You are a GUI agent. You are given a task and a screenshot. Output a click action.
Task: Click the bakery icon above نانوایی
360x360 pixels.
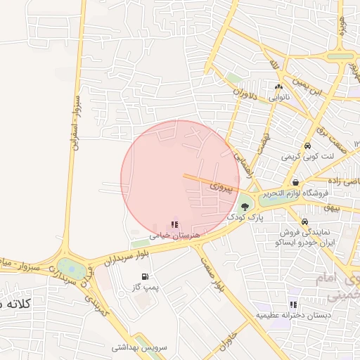(279, 86)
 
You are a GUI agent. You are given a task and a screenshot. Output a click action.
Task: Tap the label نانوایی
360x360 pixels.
(279, 98)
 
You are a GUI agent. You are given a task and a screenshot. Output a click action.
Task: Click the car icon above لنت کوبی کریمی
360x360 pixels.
(307, 146)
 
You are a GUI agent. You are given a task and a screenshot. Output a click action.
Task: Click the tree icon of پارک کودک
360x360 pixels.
(245, 207)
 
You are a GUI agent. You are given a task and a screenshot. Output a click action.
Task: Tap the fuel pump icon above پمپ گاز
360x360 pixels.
(145, 276)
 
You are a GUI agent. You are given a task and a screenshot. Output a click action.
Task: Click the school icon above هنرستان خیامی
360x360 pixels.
(174, 224)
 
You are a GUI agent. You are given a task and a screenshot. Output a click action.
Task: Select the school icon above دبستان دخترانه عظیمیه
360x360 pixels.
(293, 304)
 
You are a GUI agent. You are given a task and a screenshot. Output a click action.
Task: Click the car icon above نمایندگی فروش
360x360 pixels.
(304, 221)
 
